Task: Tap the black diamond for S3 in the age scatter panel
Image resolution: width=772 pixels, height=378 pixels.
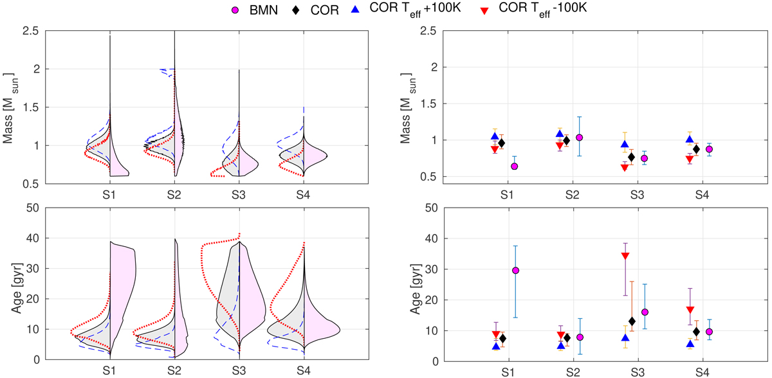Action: [632, 321]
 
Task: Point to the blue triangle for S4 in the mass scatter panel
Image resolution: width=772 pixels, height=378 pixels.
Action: [689, 139]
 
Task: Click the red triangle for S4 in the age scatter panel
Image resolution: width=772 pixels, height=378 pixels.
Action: [689, 310]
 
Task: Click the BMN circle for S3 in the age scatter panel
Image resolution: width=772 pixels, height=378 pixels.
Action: [645, 312]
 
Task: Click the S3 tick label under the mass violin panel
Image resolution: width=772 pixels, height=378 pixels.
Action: [239, 194]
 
